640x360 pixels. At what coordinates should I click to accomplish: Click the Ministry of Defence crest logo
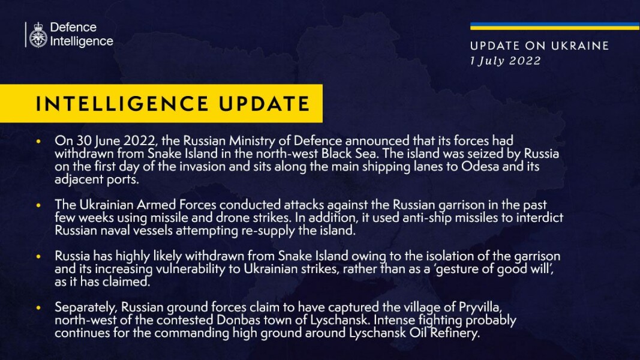38,35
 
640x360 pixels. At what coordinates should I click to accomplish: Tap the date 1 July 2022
505,61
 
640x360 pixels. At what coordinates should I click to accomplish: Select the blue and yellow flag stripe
554,26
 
